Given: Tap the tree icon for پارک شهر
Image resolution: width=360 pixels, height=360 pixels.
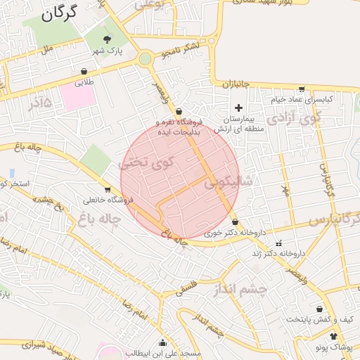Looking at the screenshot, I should coord(107,39).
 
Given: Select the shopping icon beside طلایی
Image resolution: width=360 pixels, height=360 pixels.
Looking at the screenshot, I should coord(84,71).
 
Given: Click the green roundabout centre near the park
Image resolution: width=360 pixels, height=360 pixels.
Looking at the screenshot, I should coord(146,59).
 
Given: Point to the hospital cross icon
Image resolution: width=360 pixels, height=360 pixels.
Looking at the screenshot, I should coord(238,108).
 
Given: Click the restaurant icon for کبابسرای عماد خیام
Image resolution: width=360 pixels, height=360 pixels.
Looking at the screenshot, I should coord(302,89).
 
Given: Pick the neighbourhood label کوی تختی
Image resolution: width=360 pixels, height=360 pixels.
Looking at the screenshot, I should coord(146,165).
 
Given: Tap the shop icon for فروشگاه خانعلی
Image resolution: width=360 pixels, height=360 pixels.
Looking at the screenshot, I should coord(108,188).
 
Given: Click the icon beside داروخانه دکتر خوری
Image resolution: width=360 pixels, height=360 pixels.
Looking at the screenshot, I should coord(235,222).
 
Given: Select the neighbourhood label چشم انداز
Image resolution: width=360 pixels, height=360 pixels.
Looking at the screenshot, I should coord(263,290).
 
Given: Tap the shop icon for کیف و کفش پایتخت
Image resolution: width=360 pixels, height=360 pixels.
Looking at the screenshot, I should coord(321,309).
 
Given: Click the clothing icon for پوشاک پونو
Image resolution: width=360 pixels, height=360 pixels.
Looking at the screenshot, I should coord(333,337).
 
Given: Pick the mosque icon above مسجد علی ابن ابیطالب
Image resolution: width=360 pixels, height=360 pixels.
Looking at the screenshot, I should coord(163,342).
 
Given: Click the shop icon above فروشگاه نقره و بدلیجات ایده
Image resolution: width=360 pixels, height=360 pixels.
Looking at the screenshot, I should coord(179,111).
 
